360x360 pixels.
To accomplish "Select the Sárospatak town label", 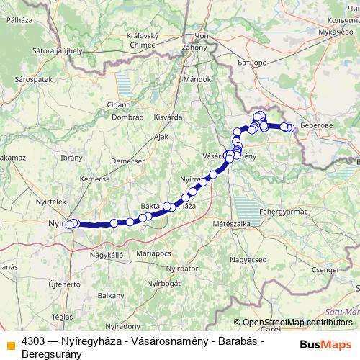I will pyautogui.click(x=31, y=74).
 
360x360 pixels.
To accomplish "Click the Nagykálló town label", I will pyautogui.click(x=107, y=254).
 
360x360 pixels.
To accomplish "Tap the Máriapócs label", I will pyautogui.click(x=153, y=253).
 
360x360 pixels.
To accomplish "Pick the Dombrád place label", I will pyautogui.click(x=128, y=116).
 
